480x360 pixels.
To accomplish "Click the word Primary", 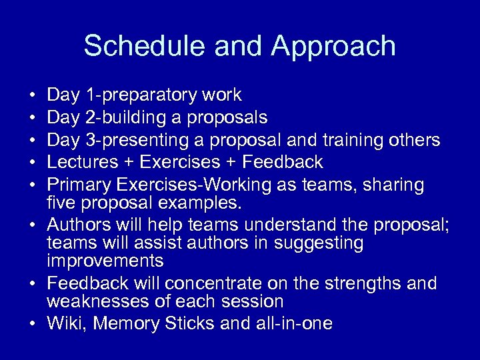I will pyautogui.click(x=80, y=184).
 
